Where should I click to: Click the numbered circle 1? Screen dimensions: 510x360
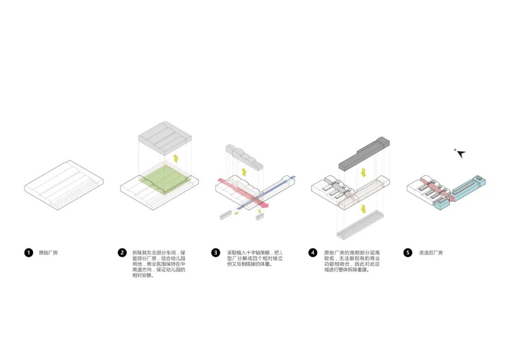(28, 253)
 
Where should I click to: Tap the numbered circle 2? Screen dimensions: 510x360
(122, 253)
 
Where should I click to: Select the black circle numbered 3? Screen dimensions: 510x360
(216, 253)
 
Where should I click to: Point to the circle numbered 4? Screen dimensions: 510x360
(313, 253)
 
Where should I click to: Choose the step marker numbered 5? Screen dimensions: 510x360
(408, 253)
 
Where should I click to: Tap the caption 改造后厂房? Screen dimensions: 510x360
(431, 253)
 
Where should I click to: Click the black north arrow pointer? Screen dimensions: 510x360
(461, 153)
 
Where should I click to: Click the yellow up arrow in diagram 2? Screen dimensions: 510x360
(176, 158)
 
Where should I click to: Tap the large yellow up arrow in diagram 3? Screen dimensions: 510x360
(244, 171)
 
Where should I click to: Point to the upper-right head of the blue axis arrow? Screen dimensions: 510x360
(292, 178)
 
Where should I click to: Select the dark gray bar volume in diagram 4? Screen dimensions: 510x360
(364, 152)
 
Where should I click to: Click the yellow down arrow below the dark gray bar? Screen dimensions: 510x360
(363, 171)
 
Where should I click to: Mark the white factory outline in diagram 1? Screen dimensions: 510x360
(64, 182)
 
